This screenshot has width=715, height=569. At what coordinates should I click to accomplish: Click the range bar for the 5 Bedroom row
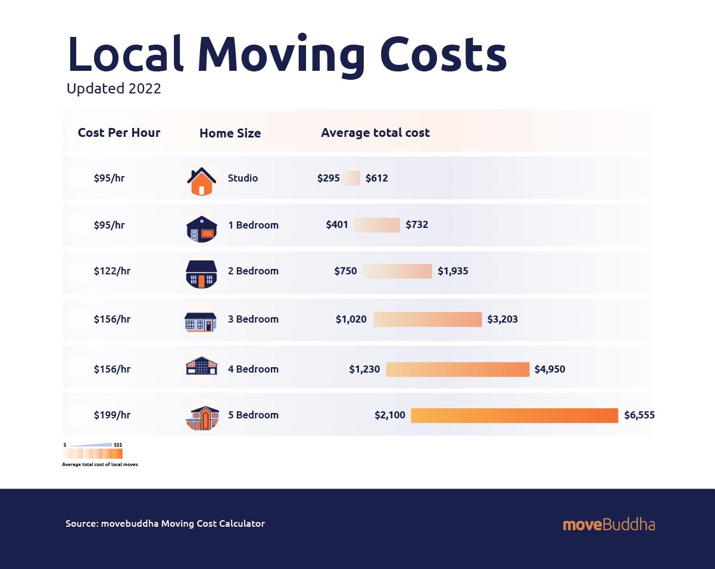tap(514, 415)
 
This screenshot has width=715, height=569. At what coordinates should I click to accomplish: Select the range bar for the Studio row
tap(351, 178)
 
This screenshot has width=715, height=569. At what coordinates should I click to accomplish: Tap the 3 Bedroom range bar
tap(427, 319)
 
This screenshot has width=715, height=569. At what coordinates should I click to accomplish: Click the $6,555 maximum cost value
tap(639, 415)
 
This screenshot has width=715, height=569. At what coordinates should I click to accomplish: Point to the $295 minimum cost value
tap(329, 178)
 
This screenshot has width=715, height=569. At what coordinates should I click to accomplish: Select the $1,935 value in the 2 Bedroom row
tap(453, 271)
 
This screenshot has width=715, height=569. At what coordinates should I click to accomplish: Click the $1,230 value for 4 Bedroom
tap(364, 369)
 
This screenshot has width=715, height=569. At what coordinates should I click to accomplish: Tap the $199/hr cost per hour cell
tap(112, 415)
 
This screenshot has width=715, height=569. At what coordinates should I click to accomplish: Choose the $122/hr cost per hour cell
tap(112, 271)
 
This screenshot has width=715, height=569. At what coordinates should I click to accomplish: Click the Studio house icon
tap(202, 179)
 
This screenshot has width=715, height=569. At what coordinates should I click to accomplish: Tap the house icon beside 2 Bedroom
tap(202, 273)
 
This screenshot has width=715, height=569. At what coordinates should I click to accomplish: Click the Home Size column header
tap(230, 133)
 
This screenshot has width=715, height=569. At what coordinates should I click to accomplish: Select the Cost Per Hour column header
tap(119, 132)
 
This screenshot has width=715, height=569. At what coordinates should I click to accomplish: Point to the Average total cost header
tap(375, 133)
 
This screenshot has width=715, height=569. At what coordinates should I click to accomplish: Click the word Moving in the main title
tap(281, 54)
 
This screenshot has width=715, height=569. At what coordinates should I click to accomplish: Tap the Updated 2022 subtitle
tap(114, 89)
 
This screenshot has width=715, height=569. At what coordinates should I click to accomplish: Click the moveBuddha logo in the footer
tap(608, 524)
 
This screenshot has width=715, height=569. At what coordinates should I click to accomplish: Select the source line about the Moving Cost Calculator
tap(165, 524)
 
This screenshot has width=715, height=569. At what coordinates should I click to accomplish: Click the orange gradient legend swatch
tap(93, 454)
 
